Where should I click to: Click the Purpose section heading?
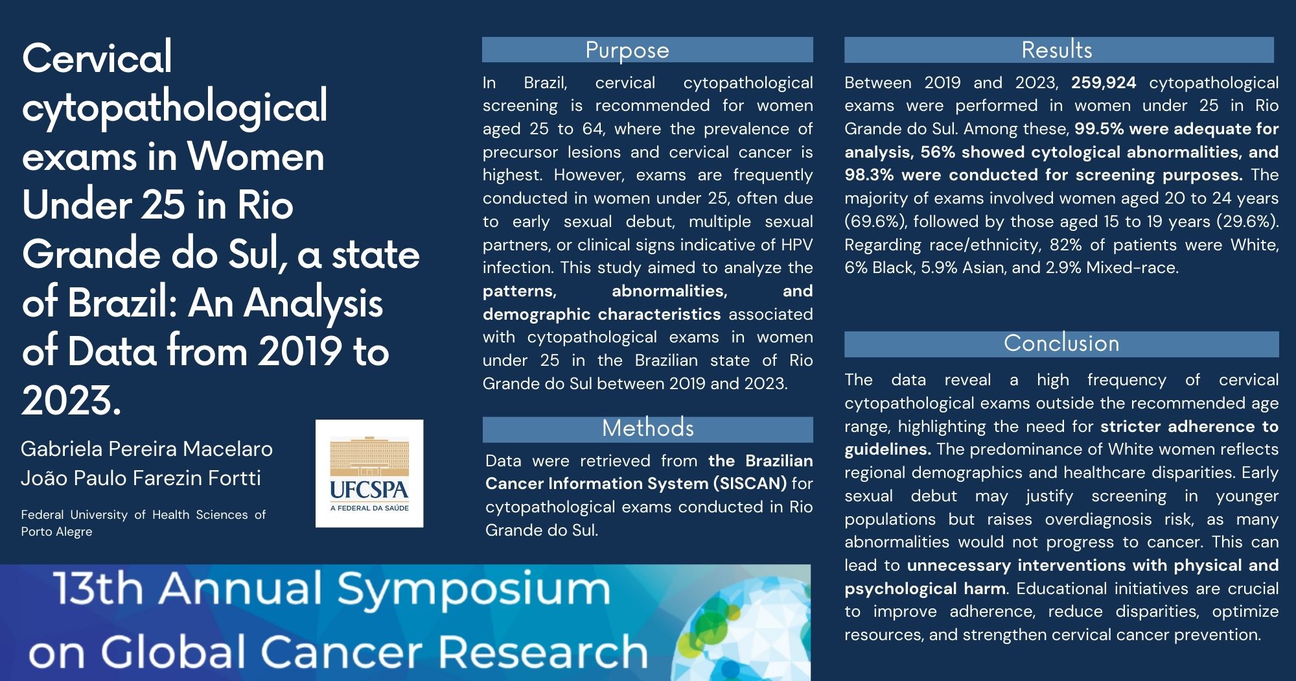tap(627, 50)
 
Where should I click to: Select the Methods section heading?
tap(647, 428)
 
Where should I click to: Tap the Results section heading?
tap(1057, 50)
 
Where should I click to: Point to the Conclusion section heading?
tap(1061, 343)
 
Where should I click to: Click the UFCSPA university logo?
tap(369, 473)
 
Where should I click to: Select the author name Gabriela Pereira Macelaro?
tap(146, 448)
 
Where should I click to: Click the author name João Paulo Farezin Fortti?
tap(141, 478)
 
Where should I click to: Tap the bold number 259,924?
tap(1104, 83)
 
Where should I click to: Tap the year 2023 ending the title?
tap(71, 400)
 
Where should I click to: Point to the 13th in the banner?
tap(97, 589)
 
